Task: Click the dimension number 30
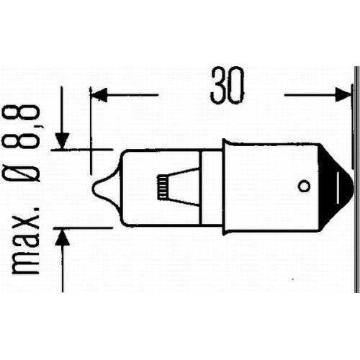pyautogui.click(x=227, y=86)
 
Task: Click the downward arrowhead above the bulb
pyautogui.click(x=63, y=141)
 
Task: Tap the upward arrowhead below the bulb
pyautogui.click(x=63, y=234)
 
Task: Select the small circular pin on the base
pyautogui.click(x=303, y=186)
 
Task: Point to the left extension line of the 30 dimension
pyautogui.click(x=90, y=130)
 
